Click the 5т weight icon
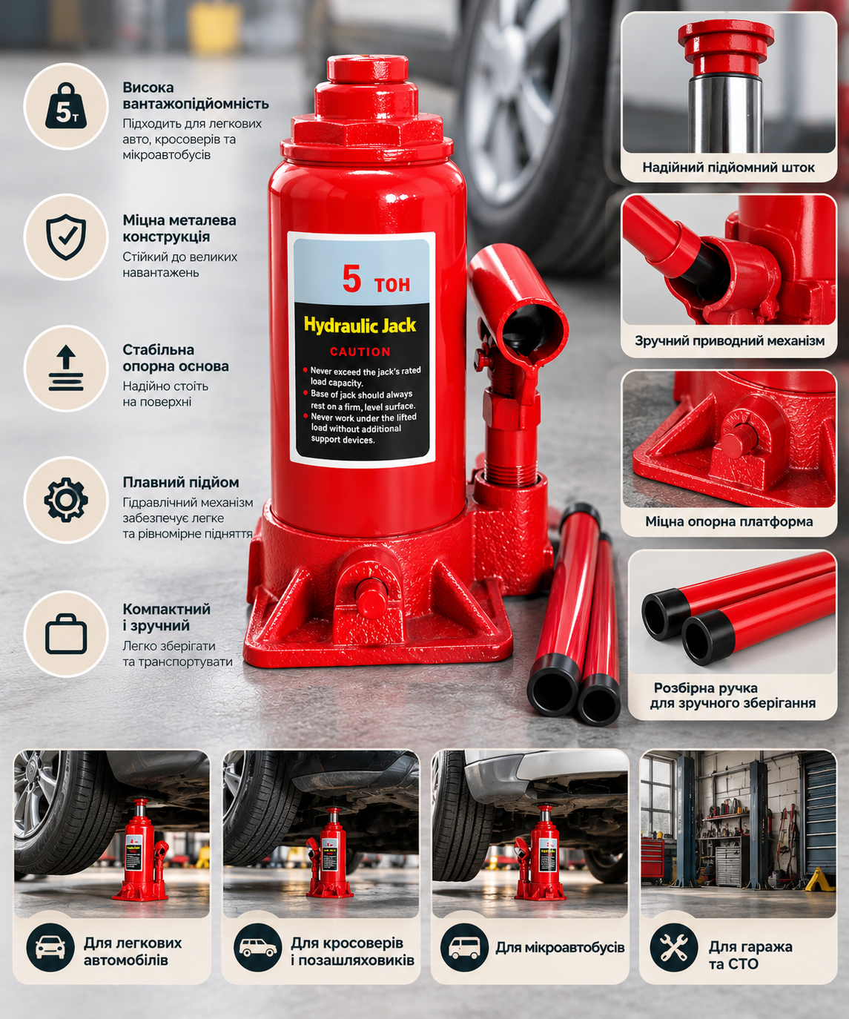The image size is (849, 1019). pyautogui.click(x=66, y=106)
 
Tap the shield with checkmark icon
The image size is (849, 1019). pyautogui.click(x=66, y=237)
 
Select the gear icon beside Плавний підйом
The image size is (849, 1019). pyautogui.click(x=66, y=500)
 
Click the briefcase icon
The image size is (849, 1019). pyautogui.click(x=66, y=633)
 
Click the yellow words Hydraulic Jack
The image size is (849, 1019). pyautogui.click(x=360, y=325)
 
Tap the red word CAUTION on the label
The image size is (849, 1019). pyautogui.click(x=360, y=352)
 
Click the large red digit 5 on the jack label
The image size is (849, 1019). pyautogui.click(x=351, y=279)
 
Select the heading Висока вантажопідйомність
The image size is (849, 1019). pyautogui.click(x=195, y=96)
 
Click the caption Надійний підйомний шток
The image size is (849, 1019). pyautogui.click(x=728, y=168)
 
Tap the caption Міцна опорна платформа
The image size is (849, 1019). pyautogui.click(x=729, y=521)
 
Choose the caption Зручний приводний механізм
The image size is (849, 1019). pyautogui.click(x=730, y=340)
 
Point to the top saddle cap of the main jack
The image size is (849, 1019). pyautogui.click(x=367, y=69)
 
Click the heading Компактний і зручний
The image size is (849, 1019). pyautogui.click(x=166, y=617)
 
